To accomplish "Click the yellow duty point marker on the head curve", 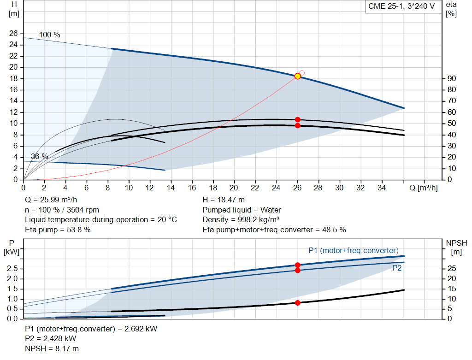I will [x=297, y=76].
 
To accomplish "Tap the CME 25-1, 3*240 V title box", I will [x=401, y=6].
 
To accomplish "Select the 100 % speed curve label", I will [x=49, y=35].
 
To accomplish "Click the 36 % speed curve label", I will [x=39, y=157].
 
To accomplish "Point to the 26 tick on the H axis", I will [x=13, y=33].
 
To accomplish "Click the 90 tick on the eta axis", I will [x=451, y=78].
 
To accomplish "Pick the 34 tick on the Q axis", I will [x=382, y=188].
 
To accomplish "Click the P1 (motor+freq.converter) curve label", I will [x=353, y=250].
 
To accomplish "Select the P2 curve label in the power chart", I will [x=397, y=267].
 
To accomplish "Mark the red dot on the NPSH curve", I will [x=297, y=303].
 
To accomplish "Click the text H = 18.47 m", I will [x=224, y=200].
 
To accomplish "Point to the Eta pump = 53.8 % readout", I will [x=57, y=230].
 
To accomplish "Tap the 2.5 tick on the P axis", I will [x=13, y=268].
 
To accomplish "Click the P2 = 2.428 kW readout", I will [x=51, y=339].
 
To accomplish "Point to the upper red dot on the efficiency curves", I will [x=297, y=119].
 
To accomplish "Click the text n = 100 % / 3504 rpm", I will [x=62, y=210].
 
